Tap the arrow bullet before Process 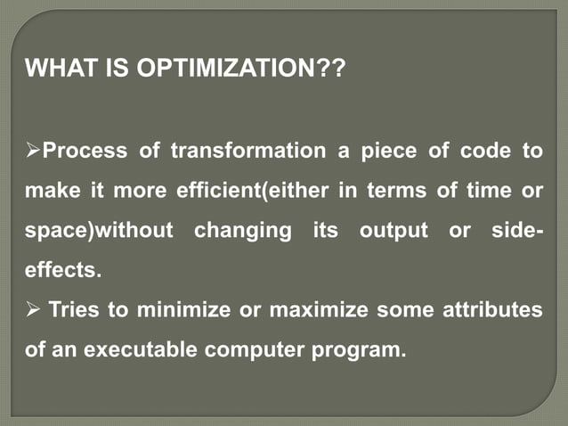pyautogui.click(x=34, y=152)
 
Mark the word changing pyautogui.click(x=242, y=230)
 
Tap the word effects pyautogui.click(x=62, y=270)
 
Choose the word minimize pyautogui.click(x=171, y=309)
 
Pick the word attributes pyautogui.click(x=495, y=309)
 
